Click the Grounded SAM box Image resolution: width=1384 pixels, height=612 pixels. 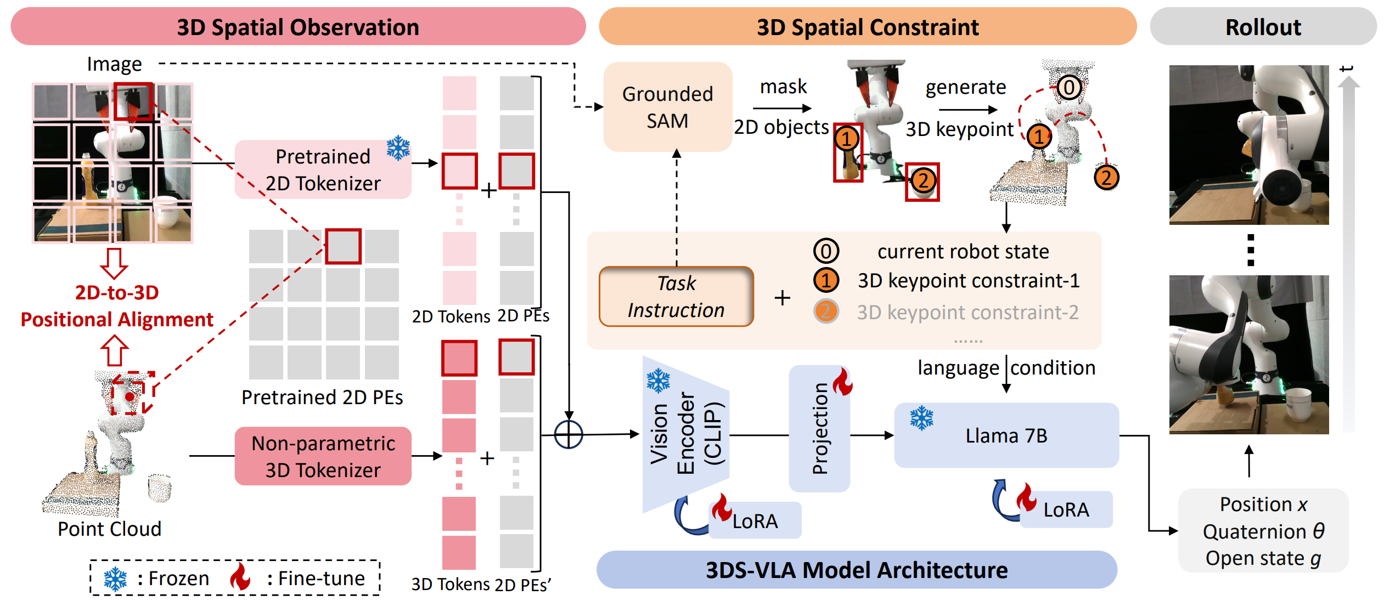point(667,107)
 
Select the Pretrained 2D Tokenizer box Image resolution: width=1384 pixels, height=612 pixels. point(323,169)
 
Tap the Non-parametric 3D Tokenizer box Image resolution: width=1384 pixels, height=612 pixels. point(323,456)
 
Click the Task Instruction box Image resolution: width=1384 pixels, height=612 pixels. point(676,297)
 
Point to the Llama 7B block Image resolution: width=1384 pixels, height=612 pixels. point(1006,435)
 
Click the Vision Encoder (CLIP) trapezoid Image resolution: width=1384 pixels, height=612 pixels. point(686,434)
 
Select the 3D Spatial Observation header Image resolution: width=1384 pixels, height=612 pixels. point(298,27)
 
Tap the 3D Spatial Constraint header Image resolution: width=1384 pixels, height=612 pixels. point(867,27)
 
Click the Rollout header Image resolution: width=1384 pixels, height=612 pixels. point(1263,27)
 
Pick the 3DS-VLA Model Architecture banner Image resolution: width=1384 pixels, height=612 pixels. point(856,570)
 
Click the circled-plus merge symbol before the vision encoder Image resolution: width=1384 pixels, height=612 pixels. point(569,435)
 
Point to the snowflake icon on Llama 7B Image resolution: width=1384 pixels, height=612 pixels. point(922,418)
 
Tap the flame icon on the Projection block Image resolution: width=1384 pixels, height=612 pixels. point(843,382)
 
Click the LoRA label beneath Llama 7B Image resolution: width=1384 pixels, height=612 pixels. point(1066,510)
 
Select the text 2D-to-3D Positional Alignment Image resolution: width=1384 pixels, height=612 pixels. point(117,306)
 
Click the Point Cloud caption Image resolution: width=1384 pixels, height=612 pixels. point(110,529)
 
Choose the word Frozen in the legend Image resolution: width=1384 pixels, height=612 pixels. point(179,579)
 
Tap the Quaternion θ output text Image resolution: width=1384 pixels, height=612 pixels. point(1263,531)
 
